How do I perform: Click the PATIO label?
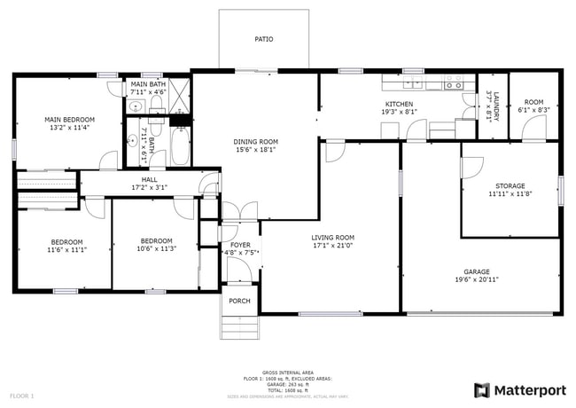[263, 39]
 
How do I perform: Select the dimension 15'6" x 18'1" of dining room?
[255, 150]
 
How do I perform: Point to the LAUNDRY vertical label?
[497, 107]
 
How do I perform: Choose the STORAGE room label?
[510, 186]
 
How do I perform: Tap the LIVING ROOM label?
[332, 237]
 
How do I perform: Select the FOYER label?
[240, 245]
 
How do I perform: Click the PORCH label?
[239, 302]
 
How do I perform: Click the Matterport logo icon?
[482, 390]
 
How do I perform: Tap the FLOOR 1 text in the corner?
[21, 395]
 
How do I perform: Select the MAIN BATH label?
[148, 83]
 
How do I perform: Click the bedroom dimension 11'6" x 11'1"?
[66, 250]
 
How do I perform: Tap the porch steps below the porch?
[239, 327]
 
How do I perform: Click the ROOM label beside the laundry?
[533, 102]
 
